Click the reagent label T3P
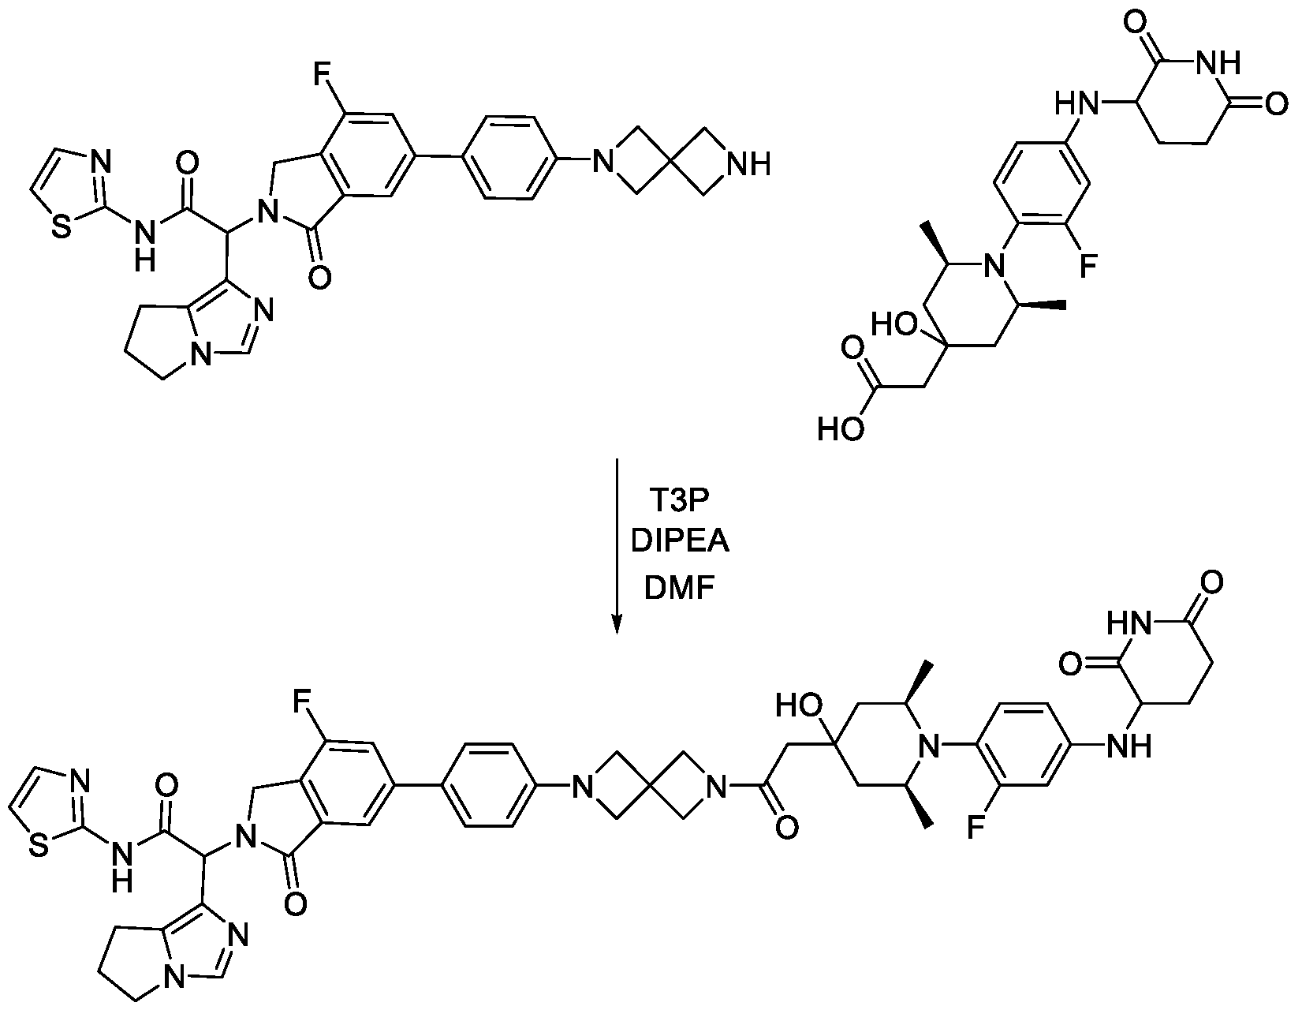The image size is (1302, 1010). [679, 499]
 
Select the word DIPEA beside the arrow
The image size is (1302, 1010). [680, 542]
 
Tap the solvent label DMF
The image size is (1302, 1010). [680, 587]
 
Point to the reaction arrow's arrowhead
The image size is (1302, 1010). [617, 624]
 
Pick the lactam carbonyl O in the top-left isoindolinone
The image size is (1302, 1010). [319, 278]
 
